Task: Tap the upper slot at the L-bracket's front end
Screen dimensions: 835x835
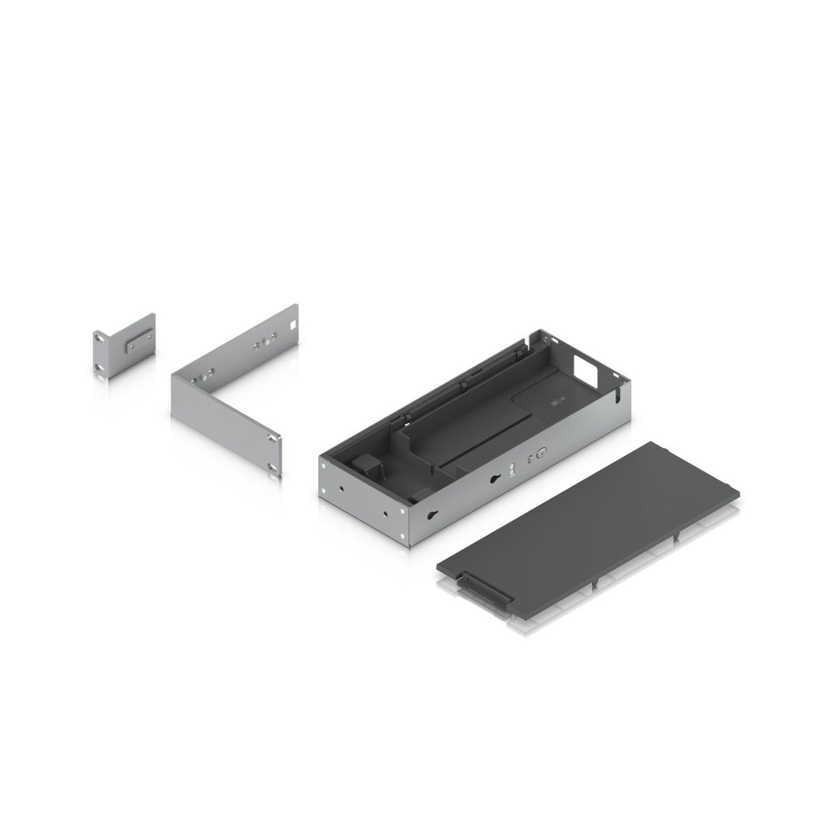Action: (x=273, y=437)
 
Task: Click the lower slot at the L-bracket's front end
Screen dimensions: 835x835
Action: (x=273, y=466)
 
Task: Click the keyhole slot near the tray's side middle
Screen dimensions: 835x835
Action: (x=495, y=479)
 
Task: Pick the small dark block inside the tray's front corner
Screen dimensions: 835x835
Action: (x=363, y=468)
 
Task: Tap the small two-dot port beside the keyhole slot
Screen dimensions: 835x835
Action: (x=514, y=469)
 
